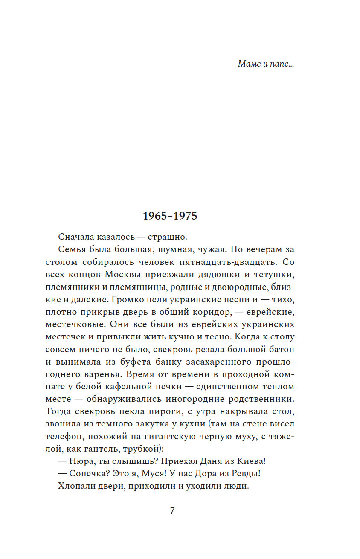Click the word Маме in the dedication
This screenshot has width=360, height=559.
pyautogui.click(x=248, y=64)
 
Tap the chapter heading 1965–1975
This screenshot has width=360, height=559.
pyautogui.click(x=170, y=216)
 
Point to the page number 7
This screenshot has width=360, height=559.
pyautogui.click(x=172, y=511)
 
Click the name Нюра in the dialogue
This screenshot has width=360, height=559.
pyautogui.click(x=81, y=461)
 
